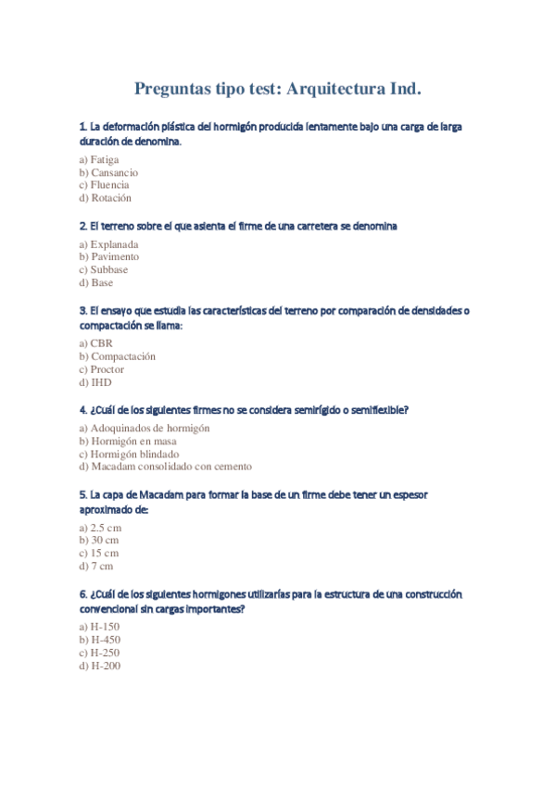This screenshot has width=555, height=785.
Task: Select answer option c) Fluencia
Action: point(104,185)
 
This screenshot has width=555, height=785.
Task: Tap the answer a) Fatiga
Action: point(99,159)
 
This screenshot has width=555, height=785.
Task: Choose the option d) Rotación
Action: point(105,198)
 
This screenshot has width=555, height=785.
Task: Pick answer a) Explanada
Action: point(108,244)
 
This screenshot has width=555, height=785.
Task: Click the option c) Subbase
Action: point(104,270)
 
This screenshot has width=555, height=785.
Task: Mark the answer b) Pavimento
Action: point(108,257)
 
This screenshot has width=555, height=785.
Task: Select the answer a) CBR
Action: point(95,343)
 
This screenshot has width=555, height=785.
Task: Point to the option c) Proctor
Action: point(102,369)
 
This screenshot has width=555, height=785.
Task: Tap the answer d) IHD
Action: point(95,382)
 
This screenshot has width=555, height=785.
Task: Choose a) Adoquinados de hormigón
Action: point(145,429)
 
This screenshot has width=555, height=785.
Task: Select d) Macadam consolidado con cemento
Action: point(165,467)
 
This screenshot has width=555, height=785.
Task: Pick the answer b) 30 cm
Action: point(99,541)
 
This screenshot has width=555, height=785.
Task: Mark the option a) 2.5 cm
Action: point(100,528)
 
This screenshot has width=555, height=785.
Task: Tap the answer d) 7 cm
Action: point(96,567)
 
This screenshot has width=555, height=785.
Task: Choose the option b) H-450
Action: point(100,640)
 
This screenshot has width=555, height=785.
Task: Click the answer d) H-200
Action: point(100,666)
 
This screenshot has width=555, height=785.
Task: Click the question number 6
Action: point(82,594)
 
